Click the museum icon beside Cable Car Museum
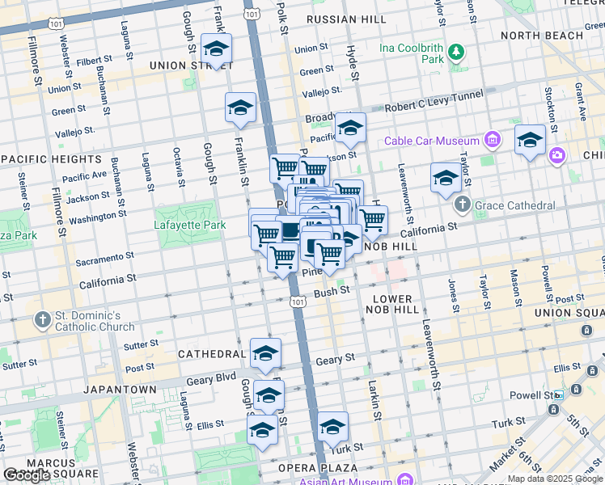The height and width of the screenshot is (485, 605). (x=491, y=141)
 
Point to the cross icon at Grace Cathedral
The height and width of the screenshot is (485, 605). (x=462, y=204)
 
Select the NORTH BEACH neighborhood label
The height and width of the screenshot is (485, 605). (x=542, y=36)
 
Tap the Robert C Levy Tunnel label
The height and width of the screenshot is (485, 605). (x=434, y=101)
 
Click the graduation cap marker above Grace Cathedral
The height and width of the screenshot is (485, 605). (x=446, y=177)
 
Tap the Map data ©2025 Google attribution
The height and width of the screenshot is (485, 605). (x=555, y=479)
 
